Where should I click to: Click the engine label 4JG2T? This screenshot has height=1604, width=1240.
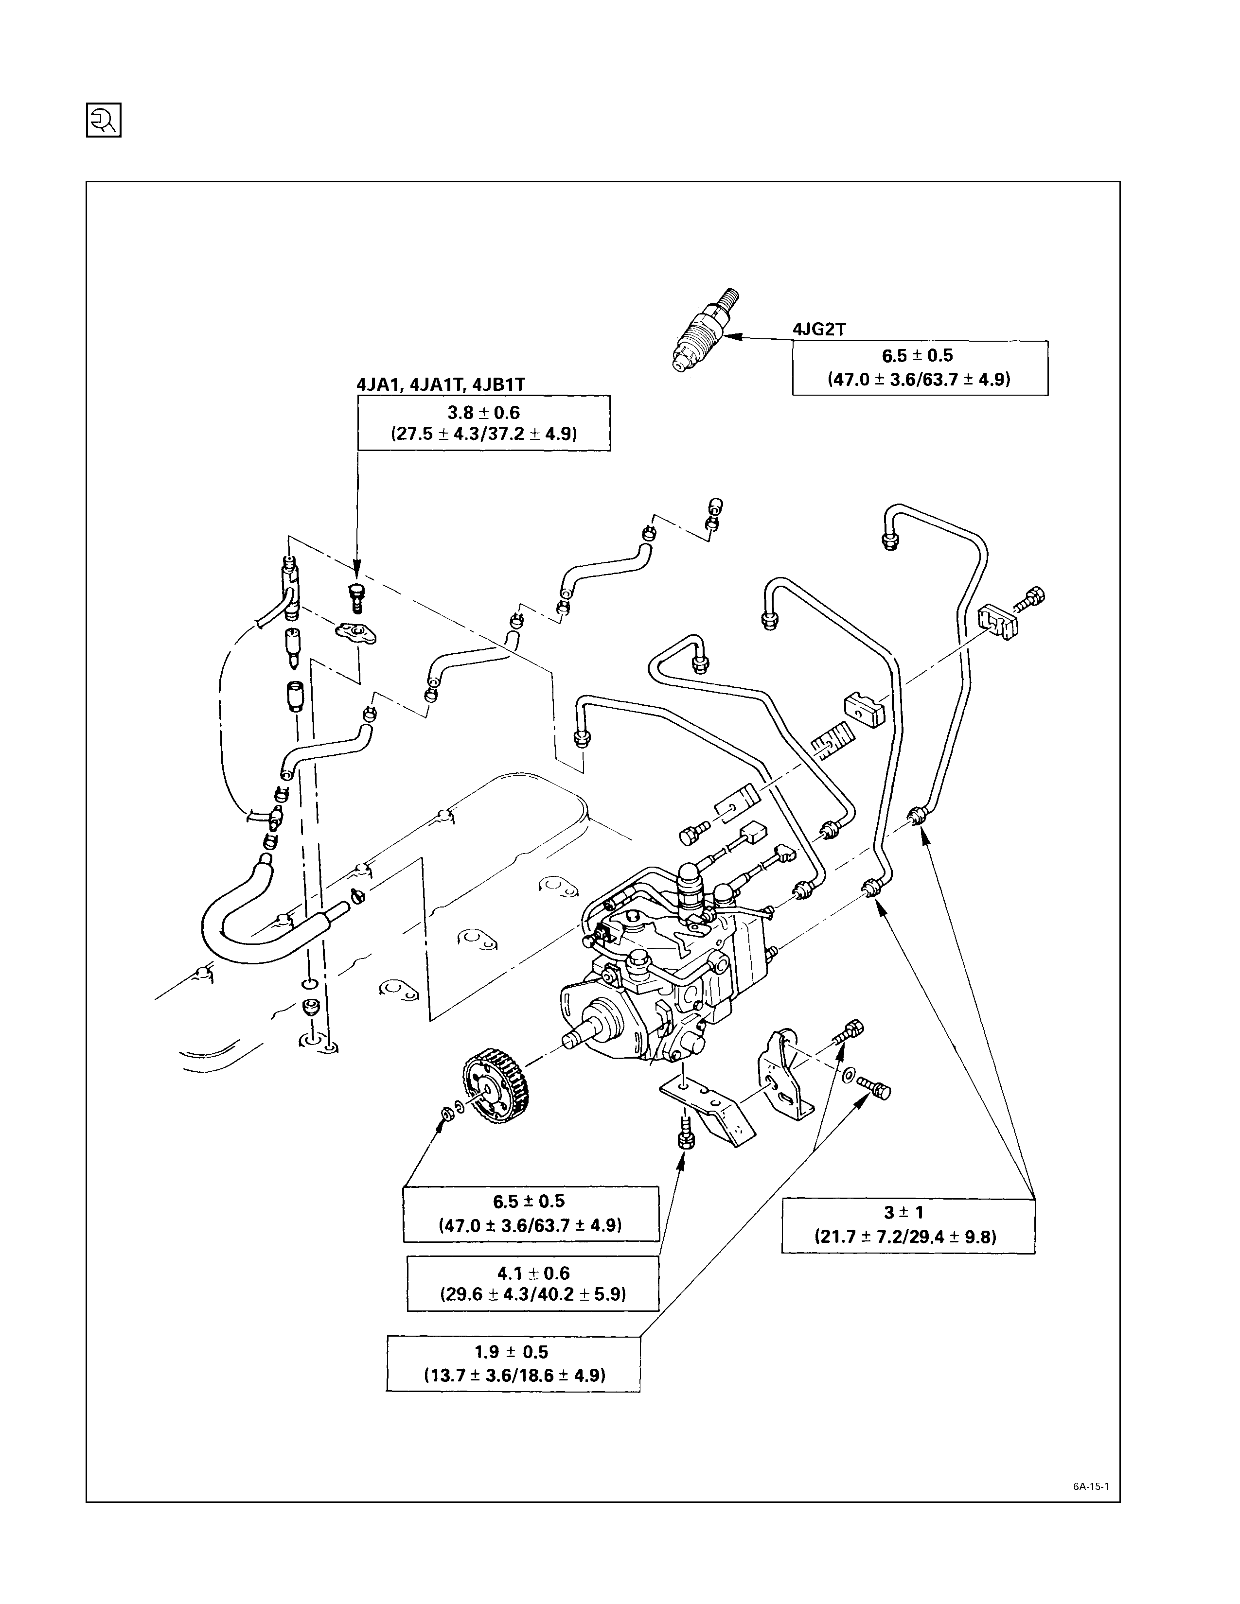point(818,330)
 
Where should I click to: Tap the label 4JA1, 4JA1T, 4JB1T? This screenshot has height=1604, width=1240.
point(441,384)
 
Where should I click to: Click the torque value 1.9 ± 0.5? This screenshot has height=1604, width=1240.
point(512,1351)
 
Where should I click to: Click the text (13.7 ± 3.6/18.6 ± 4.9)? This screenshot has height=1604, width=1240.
point(514,1375)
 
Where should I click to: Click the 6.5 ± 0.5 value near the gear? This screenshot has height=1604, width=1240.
point(529,1202)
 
